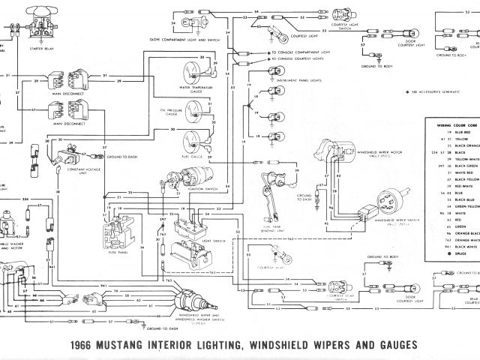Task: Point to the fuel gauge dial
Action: pos(191,139)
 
